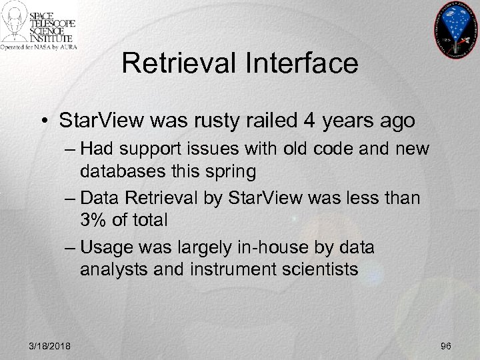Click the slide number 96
(x=446, y=345)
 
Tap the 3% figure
(x=95, y=220)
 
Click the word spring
(x=232, y=171)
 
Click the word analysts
(x=110, y=269)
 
